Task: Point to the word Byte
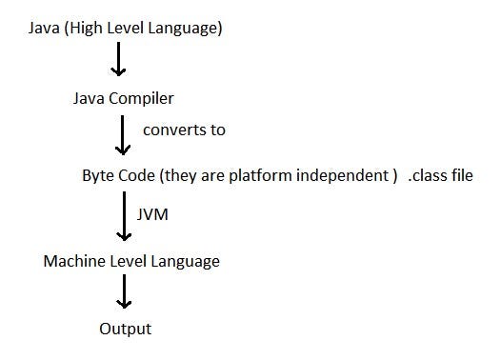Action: tap(99, 177)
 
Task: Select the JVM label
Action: tap(153, 215)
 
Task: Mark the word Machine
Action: tap(75, 260)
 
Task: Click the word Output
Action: tap(125, 330)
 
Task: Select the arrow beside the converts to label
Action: tap(121, 135)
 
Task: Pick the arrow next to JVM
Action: tap(122, 217)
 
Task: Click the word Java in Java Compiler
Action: tap(89, 98)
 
